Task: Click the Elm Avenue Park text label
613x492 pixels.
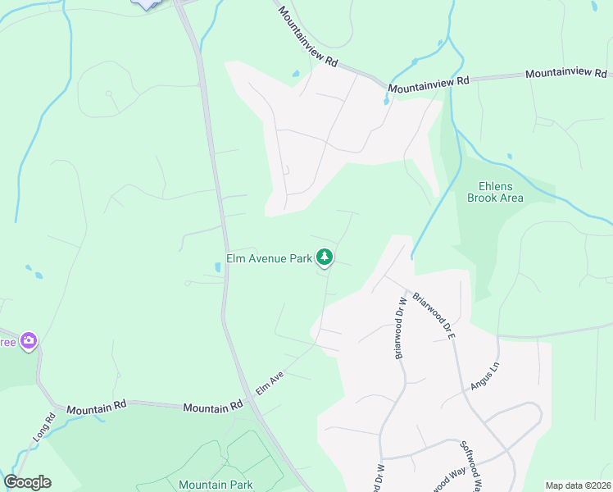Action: tap(269, 258)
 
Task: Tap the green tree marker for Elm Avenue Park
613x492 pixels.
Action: tap(325, 257)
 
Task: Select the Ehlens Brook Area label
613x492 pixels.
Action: tap(495, 192)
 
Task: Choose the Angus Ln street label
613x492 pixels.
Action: tap(485, 376)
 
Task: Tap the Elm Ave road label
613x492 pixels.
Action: tap(270, 383)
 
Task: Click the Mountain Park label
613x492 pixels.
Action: tap(216, 485)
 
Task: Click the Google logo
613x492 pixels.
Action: tap(27, 482)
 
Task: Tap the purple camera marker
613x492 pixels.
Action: tap(30, 340)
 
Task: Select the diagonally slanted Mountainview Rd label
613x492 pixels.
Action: tap(308, 38)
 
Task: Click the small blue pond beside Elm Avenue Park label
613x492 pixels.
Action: tap(217, 266)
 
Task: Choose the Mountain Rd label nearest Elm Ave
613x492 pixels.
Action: tap(213, 407)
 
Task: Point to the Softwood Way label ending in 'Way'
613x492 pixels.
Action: tap(446, 477)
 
